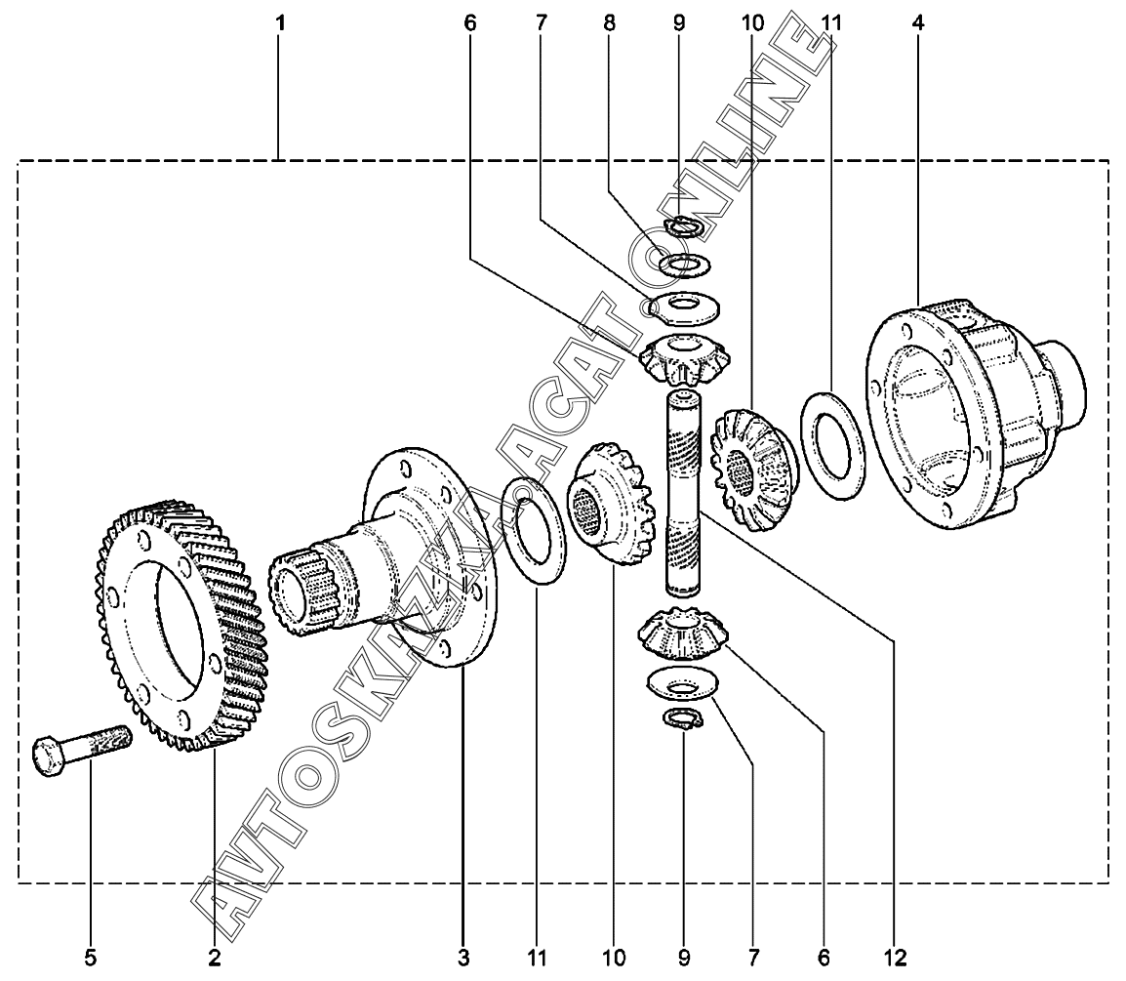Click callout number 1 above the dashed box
tap(280, 21)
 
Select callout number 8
tap(610, 21)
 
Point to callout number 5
tap(91, 956)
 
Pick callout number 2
tap(214, 956)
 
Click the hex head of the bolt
tap(48, 756)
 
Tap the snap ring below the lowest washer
tap(682, 719)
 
